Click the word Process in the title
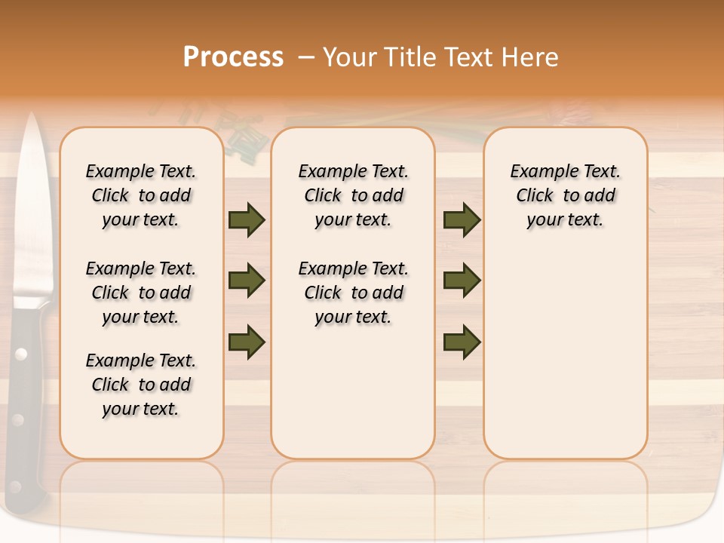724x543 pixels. (x=233, y=57)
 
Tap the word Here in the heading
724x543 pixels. (x=529, y=57)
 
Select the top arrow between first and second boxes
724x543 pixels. (x=247, y=220)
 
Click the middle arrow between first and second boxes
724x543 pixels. (x=247, y=281)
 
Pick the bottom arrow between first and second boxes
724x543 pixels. (x=247, y=342)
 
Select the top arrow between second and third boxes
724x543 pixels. (x=462, y=220)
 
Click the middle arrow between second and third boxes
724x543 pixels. (x=462, y=281)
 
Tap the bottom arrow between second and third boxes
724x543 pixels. (x=462, y=342)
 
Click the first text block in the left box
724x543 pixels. (x=141, y=196)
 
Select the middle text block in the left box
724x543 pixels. (x=141, y=293)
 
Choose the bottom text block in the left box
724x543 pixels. (x=141, y=385)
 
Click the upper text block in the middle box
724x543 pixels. (x=353, y=196)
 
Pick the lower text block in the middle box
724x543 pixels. (x=353, y=293)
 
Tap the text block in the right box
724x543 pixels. (x=565, y=196)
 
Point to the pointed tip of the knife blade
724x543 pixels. (x=32, y=116)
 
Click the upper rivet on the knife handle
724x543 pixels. (x=21, y=352)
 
